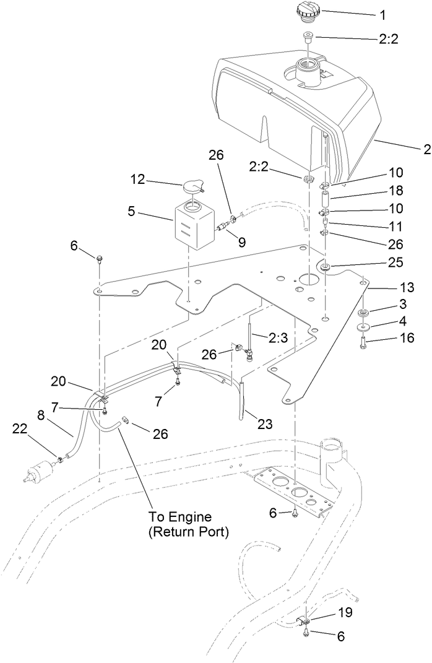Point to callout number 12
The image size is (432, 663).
click(137, 180)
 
